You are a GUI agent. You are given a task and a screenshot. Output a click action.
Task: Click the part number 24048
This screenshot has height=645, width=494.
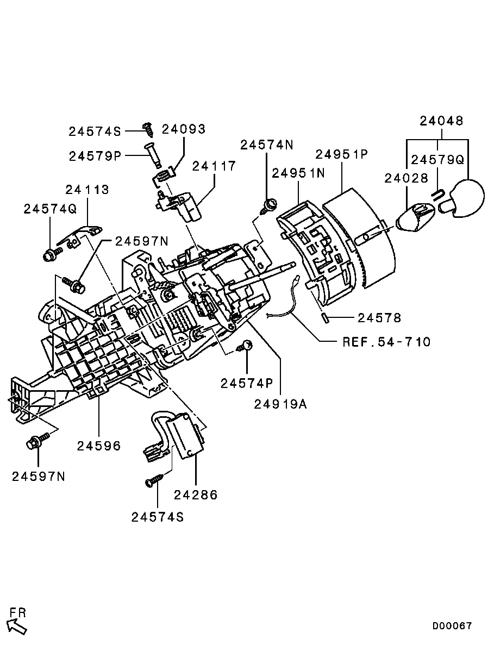442,121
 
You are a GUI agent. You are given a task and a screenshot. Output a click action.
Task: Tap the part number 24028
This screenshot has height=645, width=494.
407,178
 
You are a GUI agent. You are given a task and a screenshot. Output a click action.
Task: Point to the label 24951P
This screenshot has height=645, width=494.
342,154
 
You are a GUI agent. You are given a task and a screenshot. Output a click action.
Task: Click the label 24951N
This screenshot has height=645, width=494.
298,173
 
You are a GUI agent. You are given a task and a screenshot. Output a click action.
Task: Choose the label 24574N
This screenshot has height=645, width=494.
267,145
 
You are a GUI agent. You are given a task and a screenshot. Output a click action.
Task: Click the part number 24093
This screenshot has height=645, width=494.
184,129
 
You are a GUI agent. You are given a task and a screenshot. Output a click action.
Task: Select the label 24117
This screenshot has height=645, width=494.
214,166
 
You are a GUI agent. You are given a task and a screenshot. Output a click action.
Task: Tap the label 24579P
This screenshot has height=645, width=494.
95,156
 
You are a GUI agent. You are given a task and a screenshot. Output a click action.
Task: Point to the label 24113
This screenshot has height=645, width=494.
87,190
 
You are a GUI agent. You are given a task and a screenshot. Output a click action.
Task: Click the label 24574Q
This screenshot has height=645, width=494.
50,209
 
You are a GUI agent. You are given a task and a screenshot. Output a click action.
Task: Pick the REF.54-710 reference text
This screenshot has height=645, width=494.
386,342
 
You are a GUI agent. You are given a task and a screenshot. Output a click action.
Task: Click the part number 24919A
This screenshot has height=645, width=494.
280,404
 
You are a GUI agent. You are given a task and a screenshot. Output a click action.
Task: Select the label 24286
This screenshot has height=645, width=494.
196,494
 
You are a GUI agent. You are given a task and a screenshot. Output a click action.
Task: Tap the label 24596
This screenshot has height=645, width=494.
99,446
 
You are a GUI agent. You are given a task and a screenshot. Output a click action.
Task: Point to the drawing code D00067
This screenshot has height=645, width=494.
452,626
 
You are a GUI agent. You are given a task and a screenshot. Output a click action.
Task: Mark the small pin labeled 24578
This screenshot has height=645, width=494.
324,318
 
